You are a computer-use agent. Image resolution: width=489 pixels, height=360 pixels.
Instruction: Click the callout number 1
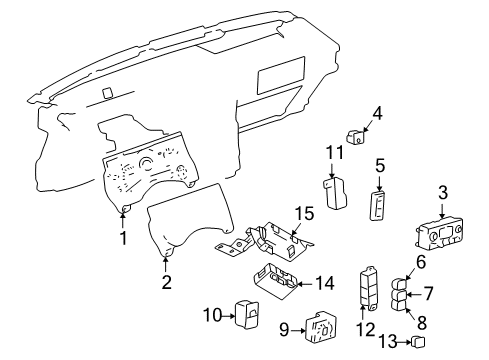point(123,238)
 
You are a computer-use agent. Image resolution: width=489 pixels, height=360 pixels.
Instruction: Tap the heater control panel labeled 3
point(442,240)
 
